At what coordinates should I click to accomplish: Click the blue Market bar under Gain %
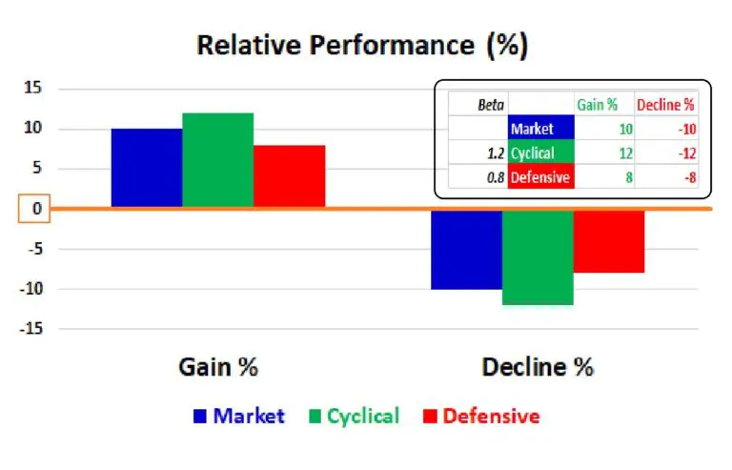(147, 168)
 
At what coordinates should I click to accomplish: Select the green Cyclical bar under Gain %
(218, 159)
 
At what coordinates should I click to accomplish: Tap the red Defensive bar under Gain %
(290, 176)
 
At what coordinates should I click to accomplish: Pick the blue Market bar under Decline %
(466, 250)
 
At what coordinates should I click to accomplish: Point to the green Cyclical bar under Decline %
(538, 257)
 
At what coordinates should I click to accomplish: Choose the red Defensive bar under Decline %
(609, 241)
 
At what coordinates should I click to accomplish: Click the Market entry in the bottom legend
(239, 416)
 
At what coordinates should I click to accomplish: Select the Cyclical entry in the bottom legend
(355, 416)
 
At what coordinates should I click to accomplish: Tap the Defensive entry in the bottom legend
(481, 416)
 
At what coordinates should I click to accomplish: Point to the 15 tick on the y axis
(32, 88)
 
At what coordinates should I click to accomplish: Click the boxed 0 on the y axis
(34, 208)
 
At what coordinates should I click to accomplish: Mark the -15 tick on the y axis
(30, 329)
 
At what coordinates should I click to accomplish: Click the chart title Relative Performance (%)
(362, 45)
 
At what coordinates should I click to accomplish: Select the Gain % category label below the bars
(218, 367)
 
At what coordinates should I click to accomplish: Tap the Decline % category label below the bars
(538, 367)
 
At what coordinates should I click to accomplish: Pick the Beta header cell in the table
(491, 105)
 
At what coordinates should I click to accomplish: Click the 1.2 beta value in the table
(496, 153)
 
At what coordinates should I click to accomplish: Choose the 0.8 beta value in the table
(496, 177)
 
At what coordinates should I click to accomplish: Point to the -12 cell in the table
(687, 153)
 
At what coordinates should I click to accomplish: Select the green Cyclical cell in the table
(541, 153)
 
